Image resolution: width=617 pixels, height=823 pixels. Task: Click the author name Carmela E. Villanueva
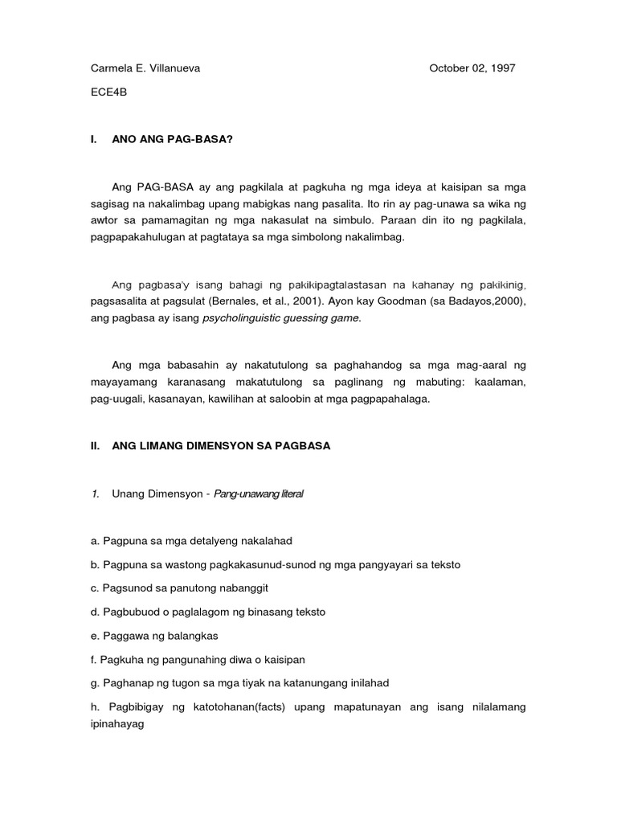tap(145, 68)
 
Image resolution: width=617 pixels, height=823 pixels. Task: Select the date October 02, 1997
tap(472, 68)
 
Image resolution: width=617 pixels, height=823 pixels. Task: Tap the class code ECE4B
tap(108, 92)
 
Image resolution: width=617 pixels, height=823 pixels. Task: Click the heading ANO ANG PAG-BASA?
tap(173, 139)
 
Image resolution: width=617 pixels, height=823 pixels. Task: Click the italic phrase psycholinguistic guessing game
tap(292, 317)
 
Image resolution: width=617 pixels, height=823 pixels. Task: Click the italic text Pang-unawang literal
tap(259, 493)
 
